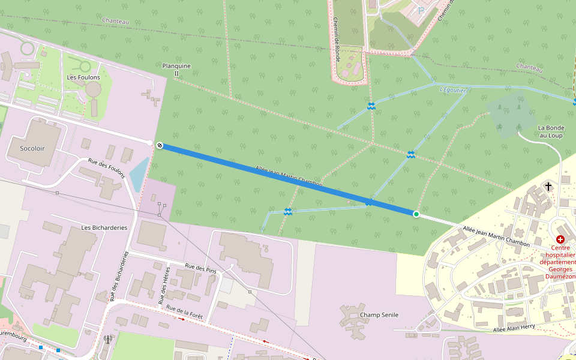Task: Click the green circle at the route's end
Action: pyautogui.click(x=416, y=214)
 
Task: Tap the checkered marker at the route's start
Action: pyautogui.click(x=160, y=145)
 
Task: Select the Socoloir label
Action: pyautogui.click(x=32, y=148)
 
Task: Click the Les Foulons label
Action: pyautogui.click(x=80, y=77)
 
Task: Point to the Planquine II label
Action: pyautogui.click(x=176, y=70)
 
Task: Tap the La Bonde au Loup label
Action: pyautogui.click(x=551, y=131)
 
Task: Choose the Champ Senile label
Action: pyautogui.click(x=379, y=314)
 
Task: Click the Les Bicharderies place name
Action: pyautogui.click(x=104, y=227)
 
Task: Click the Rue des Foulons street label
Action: pyautogui.click(x=106, y=169)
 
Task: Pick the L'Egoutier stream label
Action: pyautogui.click(x=452, y=89)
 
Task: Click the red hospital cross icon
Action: pyautogui.click(x=560, y=239)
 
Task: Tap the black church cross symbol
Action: pyautogui.click(x=548, y=187)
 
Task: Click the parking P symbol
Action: pyautogui.click(x=421, y=10)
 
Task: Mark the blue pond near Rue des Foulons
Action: pyautogui.click(x=139, y=173)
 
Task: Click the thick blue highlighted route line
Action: pyautogui.click(x=288, y=179)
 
